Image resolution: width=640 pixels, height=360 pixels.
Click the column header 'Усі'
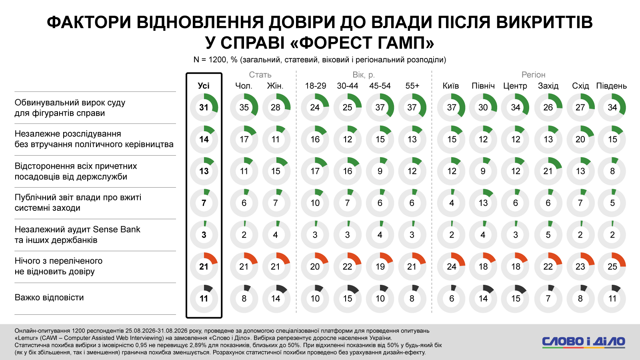point(204,86)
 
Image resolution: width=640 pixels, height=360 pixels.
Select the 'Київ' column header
point(451,86)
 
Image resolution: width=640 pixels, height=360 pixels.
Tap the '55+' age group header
point(412,86)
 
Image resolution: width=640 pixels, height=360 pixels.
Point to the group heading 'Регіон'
point(534,74)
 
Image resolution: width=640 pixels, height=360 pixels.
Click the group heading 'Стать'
point(260,74)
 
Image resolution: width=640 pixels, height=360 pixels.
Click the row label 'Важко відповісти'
point(49,298)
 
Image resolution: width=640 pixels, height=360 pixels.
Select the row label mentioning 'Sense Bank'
point(78,234)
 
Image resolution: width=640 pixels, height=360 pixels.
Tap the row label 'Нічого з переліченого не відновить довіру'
point(58,266)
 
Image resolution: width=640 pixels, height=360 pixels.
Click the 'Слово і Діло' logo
point(584,342)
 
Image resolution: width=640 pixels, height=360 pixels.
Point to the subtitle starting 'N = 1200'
point(320,60)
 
